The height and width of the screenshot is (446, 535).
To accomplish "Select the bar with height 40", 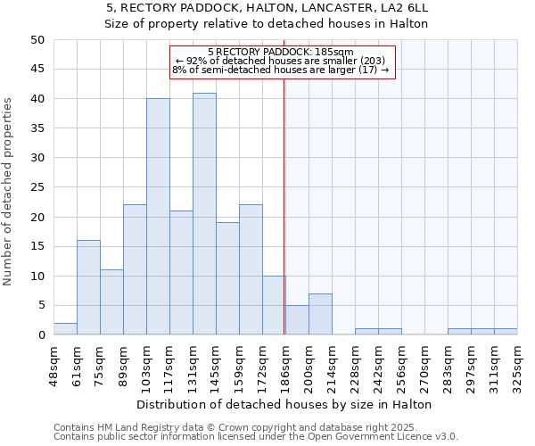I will [x=158, y=217].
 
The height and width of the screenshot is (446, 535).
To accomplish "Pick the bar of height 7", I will [x=320, y=314].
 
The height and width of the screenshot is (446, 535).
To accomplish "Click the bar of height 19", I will [x=227, y=278].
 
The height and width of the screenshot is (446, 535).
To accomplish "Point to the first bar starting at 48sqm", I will [x=65, y=329].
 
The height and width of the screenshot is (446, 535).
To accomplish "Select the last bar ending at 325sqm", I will [x=506, y=332].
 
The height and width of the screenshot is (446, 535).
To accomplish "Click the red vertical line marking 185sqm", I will [x=284, y=196].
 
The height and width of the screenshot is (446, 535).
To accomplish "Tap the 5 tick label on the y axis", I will [x=41, y=306].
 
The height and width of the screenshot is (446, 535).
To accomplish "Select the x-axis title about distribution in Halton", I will [x=285, y=404].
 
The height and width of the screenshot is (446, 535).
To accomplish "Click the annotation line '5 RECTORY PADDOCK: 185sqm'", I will [x=281, y=52].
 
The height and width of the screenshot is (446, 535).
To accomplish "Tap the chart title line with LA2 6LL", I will [x=267, y=8].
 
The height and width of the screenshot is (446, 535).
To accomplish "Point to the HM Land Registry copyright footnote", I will [x=254, y=427].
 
